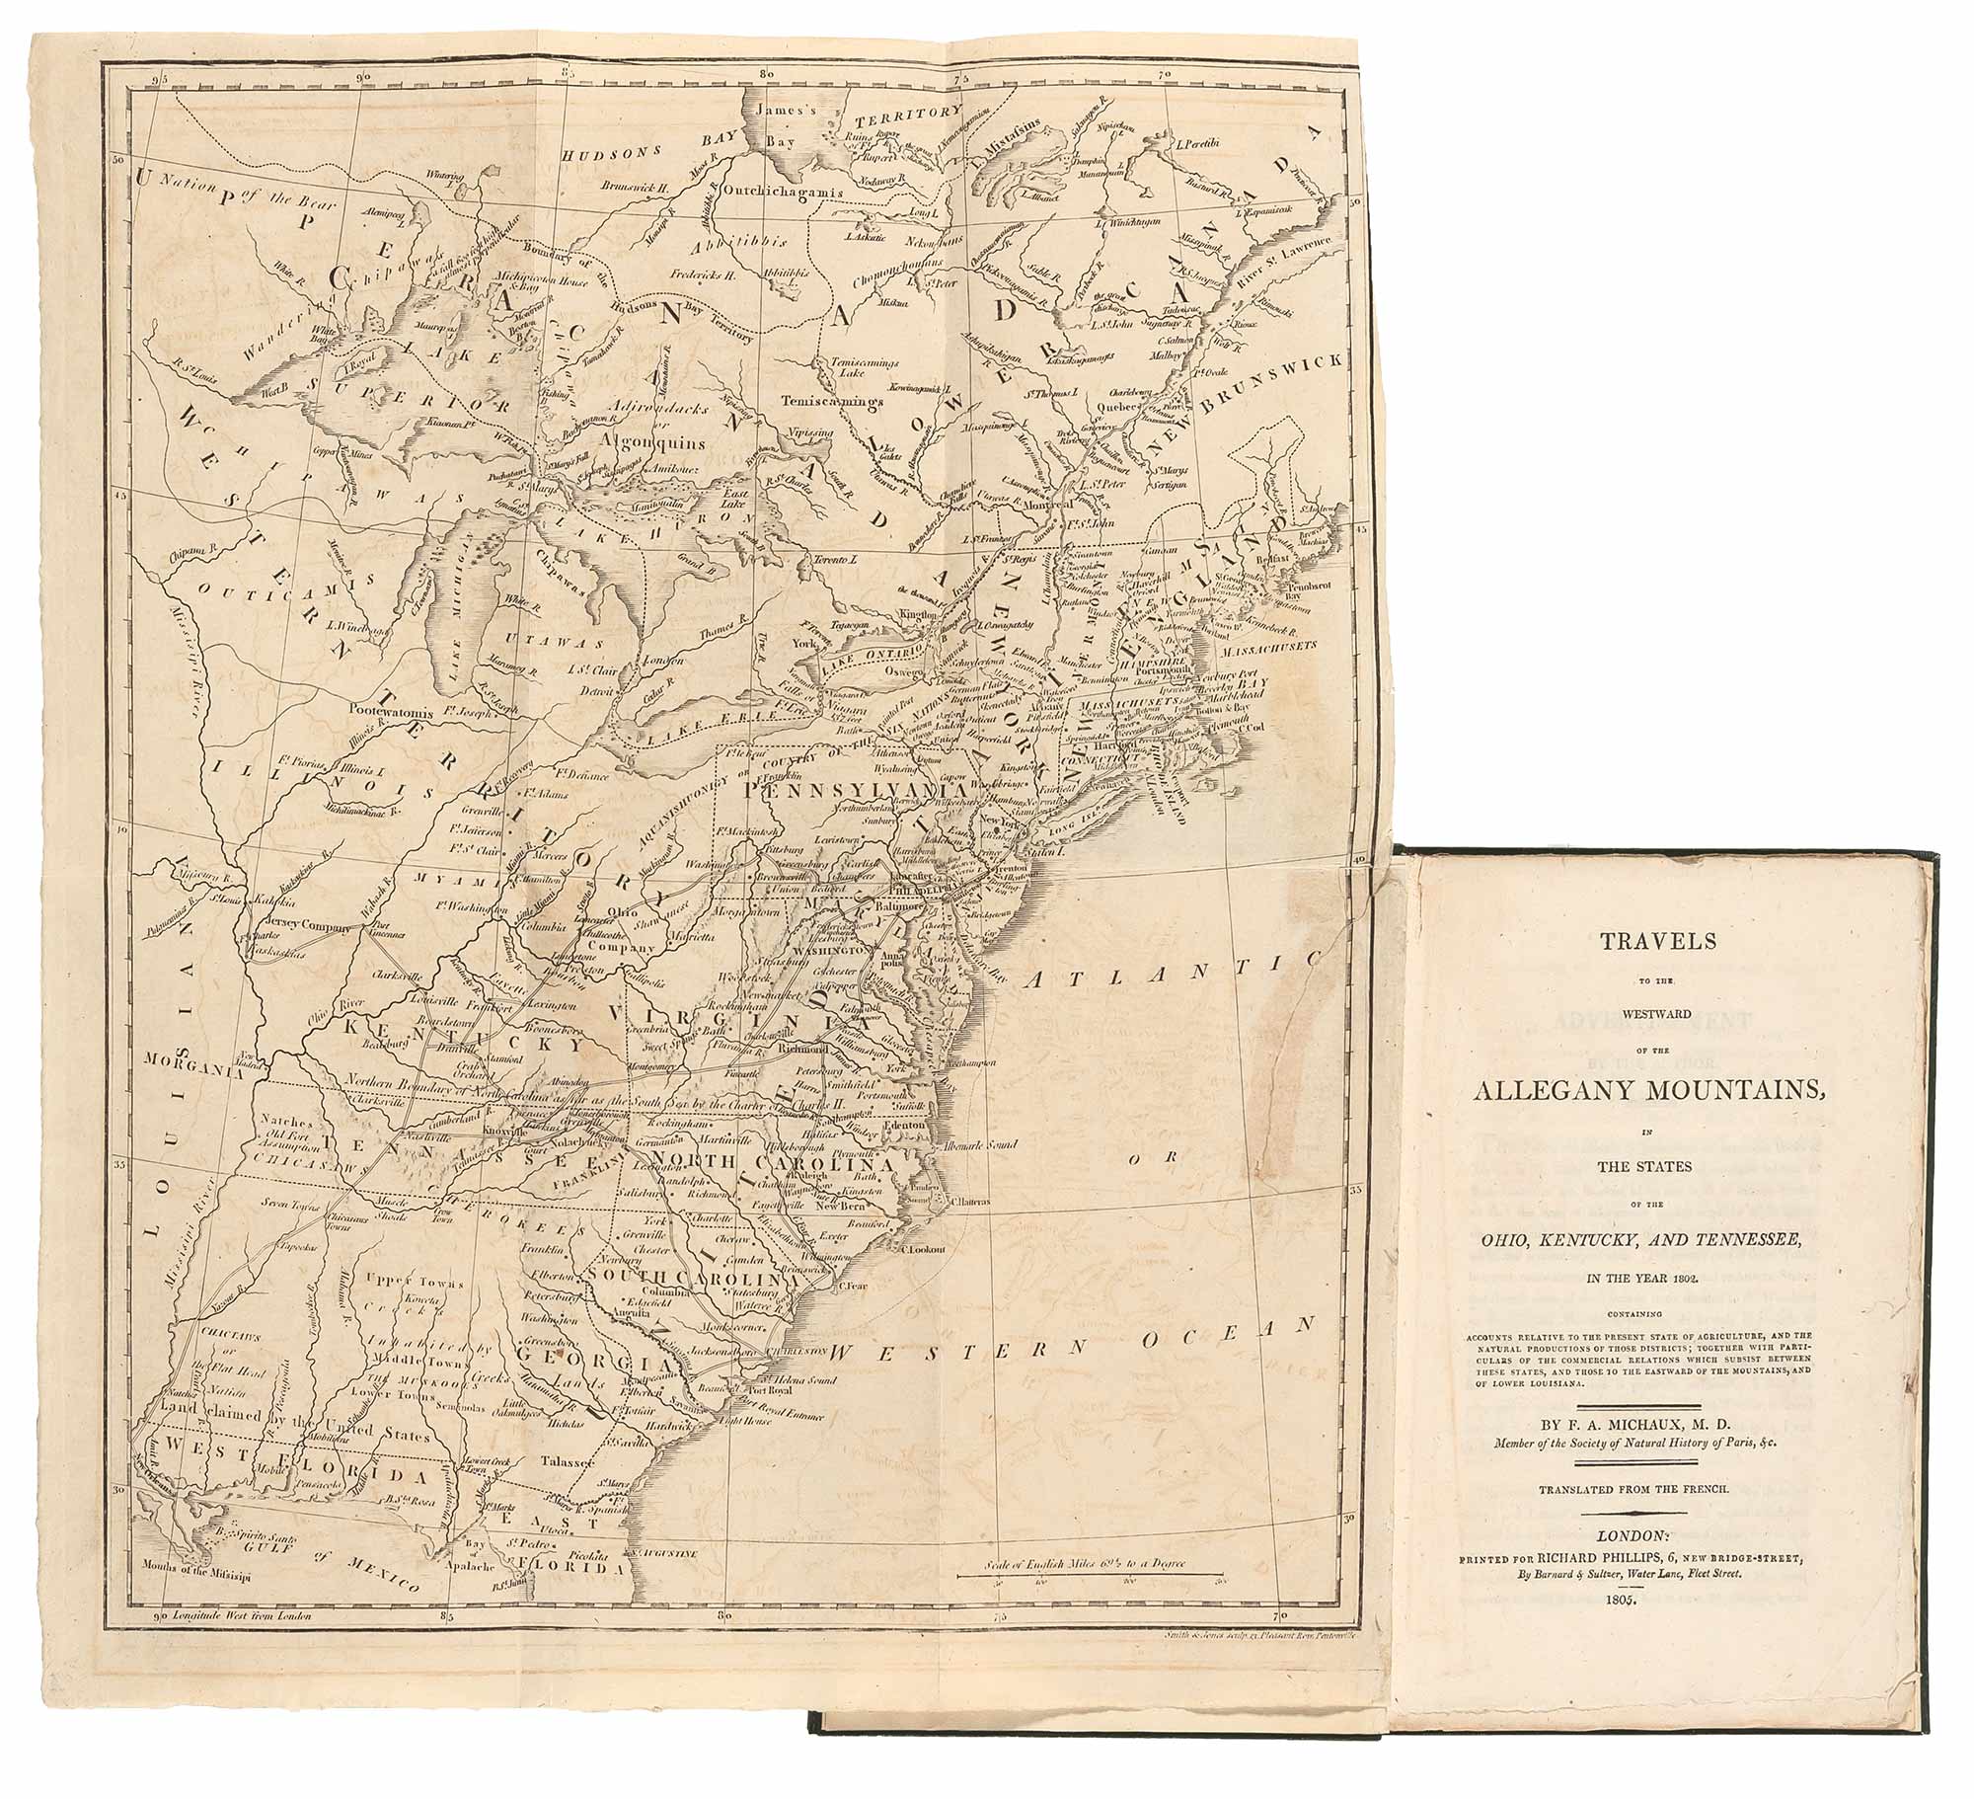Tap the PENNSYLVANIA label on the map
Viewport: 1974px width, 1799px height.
[x=840, y=792]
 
